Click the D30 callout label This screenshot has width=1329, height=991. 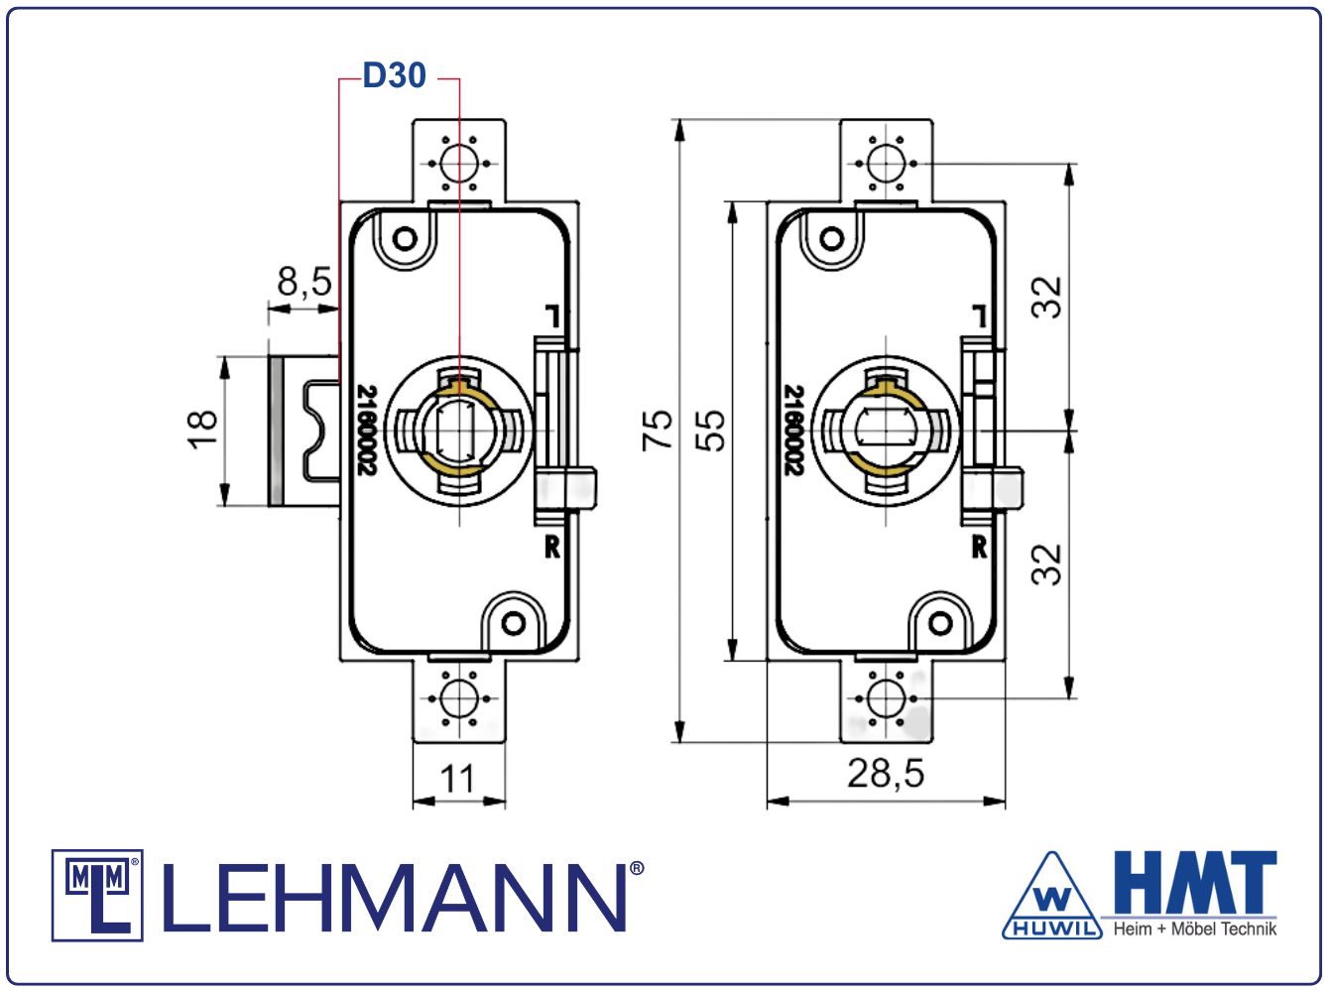(x=394, y=75)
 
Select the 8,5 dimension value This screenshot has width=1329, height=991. (x=303, y=282)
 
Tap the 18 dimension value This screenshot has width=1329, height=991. (x=202, y=429)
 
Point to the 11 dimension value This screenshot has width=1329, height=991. (x=458, y=779)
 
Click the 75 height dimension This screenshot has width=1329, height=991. (x=658, y=430)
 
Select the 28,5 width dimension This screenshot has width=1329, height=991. (x=885, y=773)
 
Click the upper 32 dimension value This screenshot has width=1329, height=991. (x=1047, y=297)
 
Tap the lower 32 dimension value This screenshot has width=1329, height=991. (x=1047, y=563)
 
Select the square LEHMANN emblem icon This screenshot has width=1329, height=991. (x=97, y=895)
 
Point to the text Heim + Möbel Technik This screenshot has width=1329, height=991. (x=1195, y=929)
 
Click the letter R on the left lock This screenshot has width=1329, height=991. (x=552, y=547)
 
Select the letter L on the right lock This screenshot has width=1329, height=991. (x=979, y=316)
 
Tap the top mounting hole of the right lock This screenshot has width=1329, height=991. (x=886, y=162)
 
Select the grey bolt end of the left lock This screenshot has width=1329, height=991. (x=276, y=430)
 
